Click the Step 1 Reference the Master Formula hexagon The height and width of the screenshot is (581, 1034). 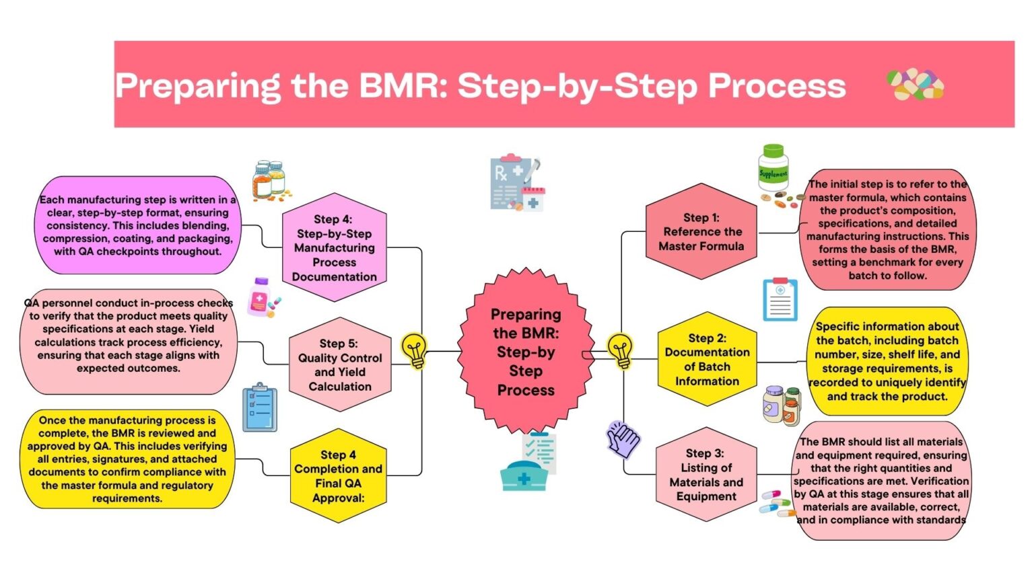coord(701,231)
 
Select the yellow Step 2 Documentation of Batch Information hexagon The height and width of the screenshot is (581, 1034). coord(707,359)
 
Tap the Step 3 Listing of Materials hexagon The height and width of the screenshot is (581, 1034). coord(706,475)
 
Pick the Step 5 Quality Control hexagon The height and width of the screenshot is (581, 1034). coord(340,364)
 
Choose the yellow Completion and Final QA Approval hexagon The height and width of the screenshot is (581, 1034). coord(338,475)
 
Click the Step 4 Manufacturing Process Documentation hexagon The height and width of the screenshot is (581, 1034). coord(335,247)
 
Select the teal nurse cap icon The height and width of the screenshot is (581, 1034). coord(523,475)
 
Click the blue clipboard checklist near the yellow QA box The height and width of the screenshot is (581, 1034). coord(259,408)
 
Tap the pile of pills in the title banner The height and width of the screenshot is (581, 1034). coord(915,85)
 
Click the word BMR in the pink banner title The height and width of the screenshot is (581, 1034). coord(401,86)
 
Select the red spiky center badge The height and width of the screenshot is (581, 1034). coord(526,352)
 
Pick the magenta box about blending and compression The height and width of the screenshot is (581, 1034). coord(137,225)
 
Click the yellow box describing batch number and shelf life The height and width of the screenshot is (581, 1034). coord(887,361)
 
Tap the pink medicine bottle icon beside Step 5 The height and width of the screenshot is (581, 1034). coord(261,297)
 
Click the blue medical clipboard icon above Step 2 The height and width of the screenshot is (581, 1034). coord(780,299)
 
